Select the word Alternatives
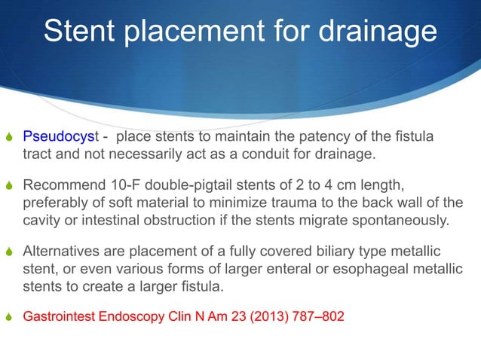click(x=62, y=251)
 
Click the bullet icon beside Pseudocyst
click(x=9, y=139)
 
